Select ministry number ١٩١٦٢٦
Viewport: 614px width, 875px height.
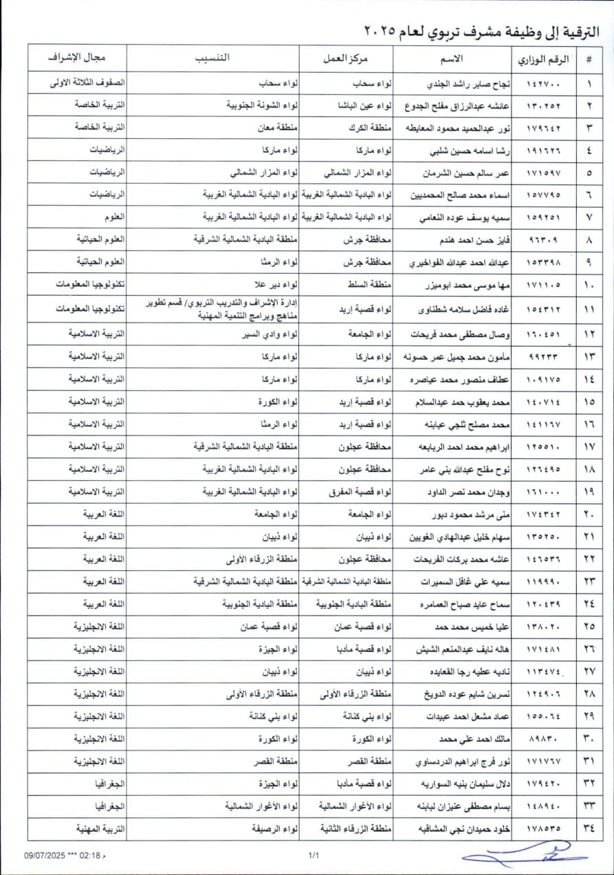click(541, 151)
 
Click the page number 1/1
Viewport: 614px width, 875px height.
click(315, 855)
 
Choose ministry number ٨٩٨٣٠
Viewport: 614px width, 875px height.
click(541, 739)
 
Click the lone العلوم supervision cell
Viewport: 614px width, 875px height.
click(111, 217)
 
